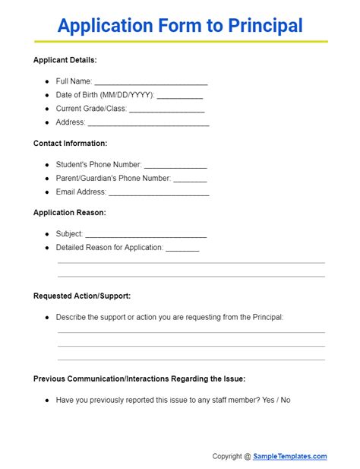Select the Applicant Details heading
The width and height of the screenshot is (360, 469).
point(65,60)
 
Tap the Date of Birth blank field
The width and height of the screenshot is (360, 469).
point(180,97)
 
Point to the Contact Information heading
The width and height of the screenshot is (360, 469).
point(71,143)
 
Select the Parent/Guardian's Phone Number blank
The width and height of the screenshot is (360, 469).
point(190,179)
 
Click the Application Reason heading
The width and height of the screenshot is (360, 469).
point(70,213)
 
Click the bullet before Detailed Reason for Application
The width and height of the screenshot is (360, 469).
point(47,248)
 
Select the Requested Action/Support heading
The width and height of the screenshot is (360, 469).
point(82,296)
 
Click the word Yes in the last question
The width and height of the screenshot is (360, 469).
point(267,400)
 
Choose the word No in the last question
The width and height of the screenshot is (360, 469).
point(286,400)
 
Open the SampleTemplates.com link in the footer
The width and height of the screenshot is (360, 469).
point(290,456)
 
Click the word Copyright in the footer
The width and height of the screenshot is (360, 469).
point(227,456)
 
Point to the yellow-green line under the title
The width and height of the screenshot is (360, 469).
point(180,41)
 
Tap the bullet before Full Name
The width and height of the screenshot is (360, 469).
point(47,81)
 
